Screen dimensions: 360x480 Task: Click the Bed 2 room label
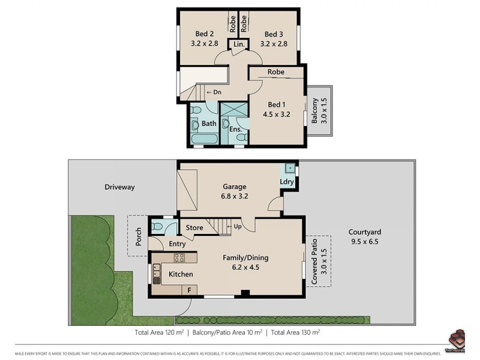coord(204,34)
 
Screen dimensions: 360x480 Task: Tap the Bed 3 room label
coord(273,34)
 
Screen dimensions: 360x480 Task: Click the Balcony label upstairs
coord(315,110)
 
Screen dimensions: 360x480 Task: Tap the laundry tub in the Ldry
coord(289,169)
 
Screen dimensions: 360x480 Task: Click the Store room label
coord(194,227)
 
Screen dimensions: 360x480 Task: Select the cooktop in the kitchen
coord(180,258)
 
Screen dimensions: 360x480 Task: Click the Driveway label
coord(119,187)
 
